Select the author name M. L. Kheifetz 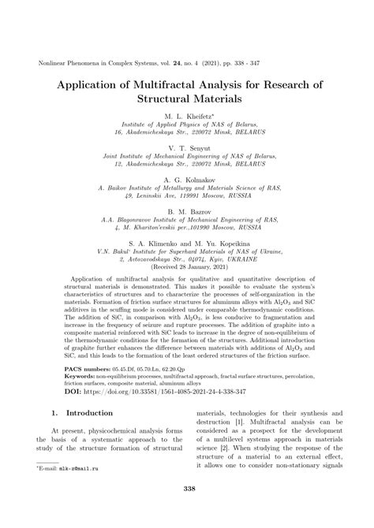tap(186, 115)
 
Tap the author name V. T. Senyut tap(186, 148)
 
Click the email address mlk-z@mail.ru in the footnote tap(87, 490)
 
